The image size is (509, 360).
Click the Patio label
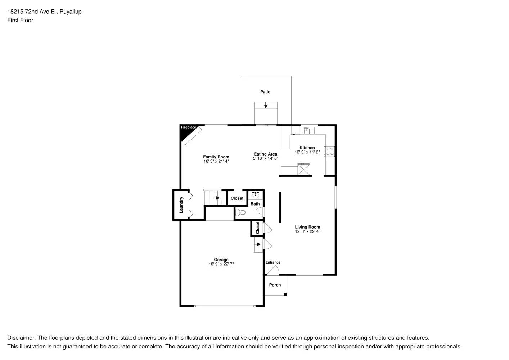point(265,92)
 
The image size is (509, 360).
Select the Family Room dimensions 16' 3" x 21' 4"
point(216,161)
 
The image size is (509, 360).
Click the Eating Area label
point(265,154)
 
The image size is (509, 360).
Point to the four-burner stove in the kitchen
point(330,151)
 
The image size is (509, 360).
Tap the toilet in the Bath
point(241,212)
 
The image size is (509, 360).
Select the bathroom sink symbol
point(256,195)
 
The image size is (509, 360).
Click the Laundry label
point(181,204)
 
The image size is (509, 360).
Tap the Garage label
point(221,260)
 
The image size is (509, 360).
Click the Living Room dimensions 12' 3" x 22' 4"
point(307,231)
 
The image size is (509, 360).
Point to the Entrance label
point(273,262)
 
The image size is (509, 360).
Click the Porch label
point(275,285)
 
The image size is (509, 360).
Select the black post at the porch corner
point(285,294)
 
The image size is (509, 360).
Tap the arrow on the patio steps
point(266,105)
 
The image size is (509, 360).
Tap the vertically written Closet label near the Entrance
point(258,228)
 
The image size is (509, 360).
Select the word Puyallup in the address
point(71,12)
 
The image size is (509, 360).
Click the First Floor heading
point(20,20)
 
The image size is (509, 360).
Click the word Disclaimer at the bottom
point(21,338)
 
